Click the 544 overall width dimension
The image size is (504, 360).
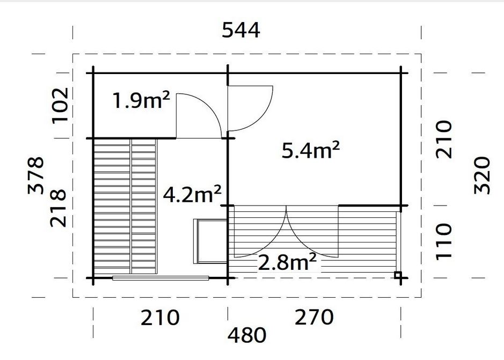point(241,31)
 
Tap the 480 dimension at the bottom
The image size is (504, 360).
point(247,335)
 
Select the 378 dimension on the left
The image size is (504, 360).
point(36,175)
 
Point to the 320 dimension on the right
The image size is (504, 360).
point(482,175)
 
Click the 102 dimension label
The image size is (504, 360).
point(60,106)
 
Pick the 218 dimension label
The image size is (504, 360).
point(58,208)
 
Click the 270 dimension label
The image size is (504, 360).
point(314,317)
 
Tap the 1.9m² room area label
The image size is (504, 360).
point(141,100)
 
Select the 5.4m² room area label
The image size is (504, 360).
point(310,150)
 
